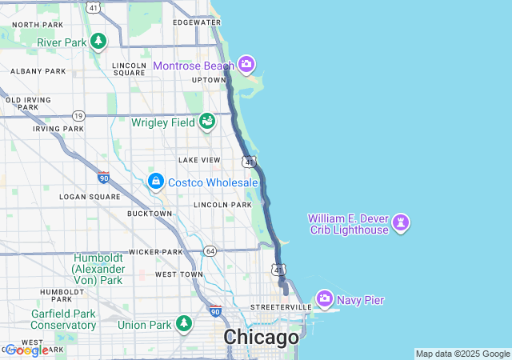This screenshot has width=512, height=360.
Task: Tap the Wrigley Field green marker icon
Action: tap(208, 122)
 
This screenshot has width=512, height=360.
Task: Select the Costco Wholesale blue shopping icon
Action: tap(155, 182)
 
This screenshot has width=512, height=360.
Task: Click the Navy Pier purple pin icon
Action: tap(325, 299)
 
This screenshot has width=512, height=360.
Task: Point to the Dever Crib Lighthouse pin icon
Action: tap(402, 222)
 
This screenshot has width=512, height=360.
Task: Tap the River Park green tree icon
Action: tap(98, 41)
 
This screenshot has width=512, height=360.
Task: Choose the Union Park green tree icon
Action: tap(185, 324)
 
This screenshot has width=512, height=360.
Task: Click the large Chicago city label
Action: tap(261, 337)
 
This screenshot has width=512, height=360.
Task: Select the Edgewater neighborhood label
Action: tap(196, 22)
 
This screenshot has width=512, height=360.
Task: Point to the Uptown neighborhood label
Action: tap(209, 80)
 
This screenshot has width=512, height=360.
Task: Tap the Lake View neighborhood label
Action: tap(198, 160)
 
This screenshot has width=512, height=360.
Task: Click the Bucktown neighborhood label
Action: tap(150, 214)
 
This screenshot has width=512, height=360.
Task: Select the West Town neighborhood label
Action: tap(179, 274)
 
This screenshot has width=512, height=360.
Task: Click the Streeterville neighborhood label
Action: tap(280, 307)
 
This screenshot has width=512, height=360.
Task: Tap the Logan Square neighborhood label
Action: tap(89, 196)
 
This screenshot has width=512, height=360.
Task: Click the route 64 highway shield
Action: tap(210, 250)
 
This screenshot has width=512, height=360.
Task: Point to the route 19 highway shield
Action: tap(78, 115)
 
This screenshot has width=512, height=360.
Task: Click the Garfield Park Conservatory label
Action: tap(63, 319)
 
